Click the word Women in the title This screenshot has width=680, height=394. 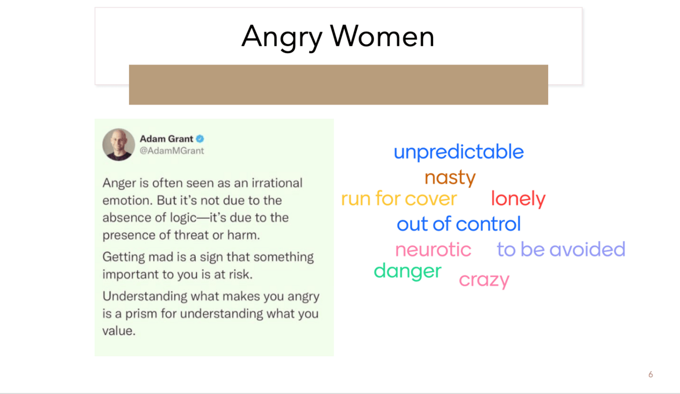[x=382, y=37]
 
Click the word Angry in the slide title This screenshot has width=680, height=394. [x=282, y=38]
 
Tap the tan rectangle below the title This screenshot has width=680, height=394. [x=339, y=85]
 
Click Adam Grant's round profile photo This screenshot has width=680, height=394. [x=118, y=144]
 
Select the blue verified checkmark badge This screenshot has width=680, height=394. [x=200, y=138]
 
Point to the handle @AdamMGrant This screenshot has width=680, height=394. [x=172, y=150]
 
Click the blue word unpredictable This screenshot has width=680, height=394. [x=458, y=152]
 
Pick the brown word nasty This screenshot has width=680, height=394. [x=450, y=178]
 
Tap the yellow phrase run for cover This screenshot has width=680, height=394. [x=399, y=199]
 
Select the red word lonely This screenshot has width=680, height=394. [x=518, y=199]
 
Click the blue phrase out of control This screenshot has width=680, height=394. [x=458, y=224]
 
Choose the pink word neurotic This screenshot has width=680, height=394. [x=433, y=250]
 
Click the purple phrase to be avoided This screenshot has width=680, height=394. [x=561, y=249]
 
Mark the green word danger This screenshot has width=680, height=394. [x=408, y=271]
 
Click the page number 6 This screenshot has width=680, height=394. [x=650, y=374]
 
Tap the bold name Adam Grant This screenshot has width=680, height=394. [x=166, y=138]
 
